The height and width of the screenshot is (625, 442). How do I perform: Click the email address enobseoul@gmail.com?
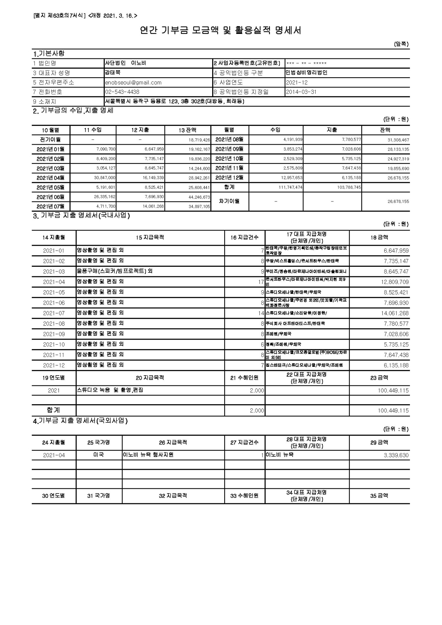tap(133, 83)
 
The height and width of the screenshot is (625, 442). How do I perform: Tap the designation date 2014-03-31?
tap(301, 92)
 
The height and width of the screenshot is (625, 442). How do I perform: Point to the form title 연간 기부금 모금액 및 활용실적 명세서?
tap(221, 30)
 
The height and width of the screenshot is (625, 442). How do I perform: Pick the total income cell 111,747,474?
tap(291, 187)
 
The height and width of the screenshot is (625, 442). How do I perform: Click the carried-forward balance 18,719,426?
tap(199, 140)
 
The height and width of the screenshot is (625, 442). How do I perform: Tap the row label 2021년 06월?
tap(50, 197)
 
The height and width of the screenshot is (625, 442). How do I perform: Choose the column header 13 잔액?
tap(187, 130)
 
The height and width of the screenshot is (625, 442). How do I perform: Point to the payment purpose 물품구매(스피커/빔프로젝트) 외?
tap(115, 271)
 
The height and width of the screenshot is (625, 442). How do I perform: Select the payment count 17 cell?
tap(261, 282)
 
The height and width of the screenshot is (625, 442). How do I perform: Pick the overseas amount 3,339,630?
tap(396, 455)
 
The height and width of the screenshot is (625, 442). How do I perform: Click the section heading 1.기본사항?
tap(49, 54)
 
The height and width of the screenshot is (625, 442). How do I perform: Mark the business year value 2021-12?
tap(297, 83)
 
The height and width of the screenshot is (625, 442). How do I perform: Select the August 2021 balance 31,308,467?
tap(398, 140)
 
